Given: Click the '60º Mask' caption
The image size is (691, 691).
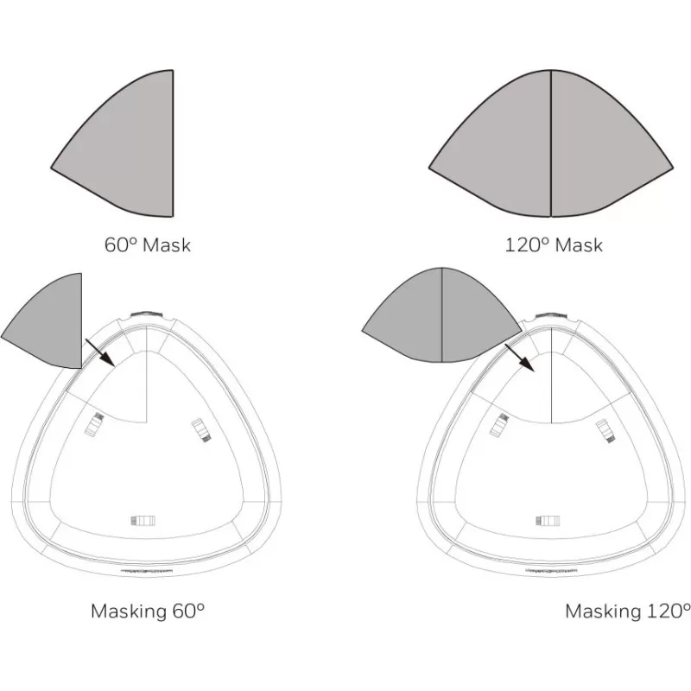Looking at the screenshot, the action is point(148,244).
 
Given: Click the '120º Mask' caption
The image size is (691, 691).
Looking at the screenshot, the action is point(554,244).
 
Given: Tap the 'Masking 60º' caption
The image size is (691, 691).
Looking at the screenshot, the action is point(148,612).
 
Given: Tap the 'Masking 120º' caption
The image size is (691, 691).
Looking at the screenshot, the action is point(628,612).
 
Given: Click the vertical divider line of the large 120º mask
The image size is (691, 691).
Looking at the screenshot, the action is point(551,143).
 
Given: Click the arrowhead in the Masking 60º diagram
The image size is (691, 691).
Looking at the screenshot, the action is point(108,359).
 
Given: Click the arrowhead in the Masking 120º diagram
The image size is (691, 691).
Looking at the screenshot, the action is point(527,365).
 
